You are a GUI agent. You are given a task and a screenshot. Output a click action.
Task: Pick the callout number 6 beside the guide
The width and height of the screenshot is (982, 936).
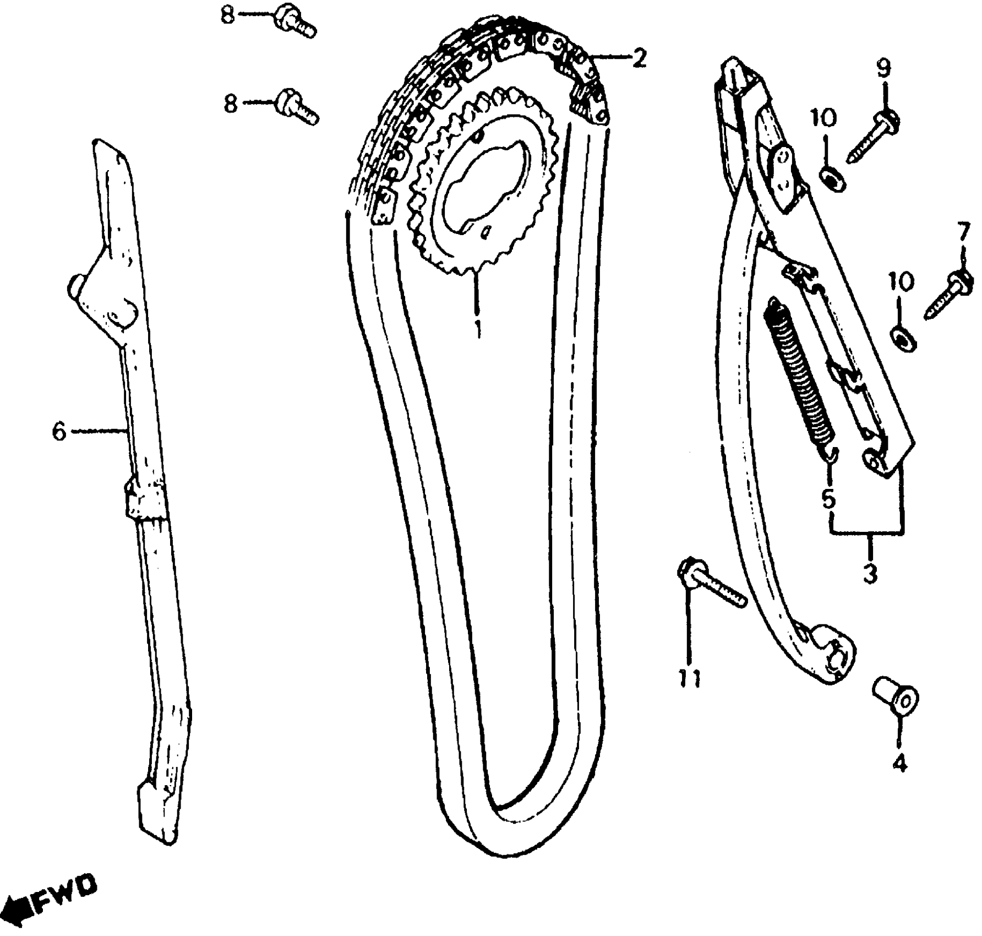click(59, 431)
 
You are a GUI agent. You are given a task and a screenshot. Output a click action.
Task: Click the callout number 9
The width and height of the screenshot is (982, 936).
click(883, 69)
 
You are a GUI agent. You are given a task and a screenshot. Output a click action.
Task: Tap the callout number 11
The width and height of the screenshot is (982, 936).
click(689, 679)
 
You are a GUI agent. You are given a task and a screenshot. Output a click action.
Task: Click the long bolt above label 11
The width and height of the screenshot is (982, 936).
click(713, 585)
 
